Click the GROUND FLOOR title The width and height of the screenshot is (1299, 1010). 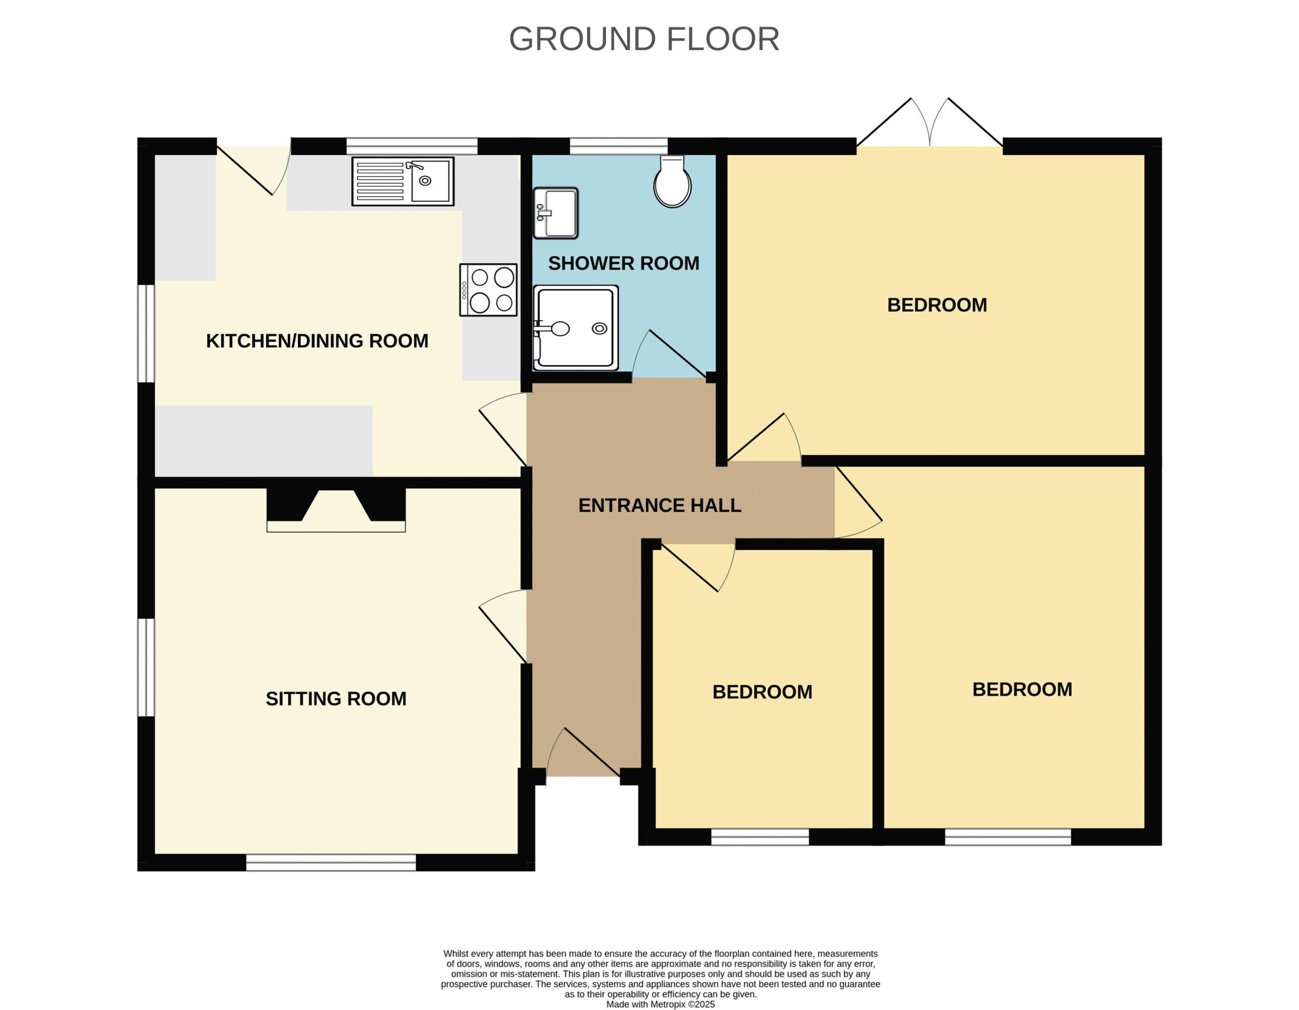(x=643, y=39)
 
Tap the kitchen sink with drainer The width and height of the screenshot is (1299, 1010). (x=403, y=181)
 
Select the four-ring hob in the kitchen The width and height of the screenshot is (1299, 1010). (x=488, y=290)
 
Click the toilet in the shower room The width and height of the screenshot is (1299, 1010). (x=672, y=181)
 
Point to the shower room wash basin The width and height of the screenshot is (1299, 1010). (x=556, y=213)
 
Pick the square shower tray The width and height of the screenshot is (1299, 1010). (x=576, y=327)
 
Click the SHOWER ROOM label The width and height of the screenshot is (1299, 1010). (x=623, y=263)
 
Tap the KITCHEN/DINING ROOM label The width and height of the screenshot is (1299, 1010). (x=317, y=341)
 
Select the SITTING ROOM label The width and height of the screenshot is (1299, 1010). (x=336, y=698)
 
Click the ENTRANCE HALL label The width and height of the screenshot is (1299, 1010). (x=660, y=505)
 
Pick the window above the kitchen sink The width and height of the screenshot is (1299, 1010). (x=412, y=146)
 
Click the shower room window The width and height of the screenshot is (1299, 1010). (x=619, y=146)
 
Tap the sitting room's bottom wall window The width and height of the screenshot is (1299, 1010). (x=331, y=862)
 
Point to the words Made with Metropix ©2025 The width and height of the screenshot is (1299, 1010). (x=660, y=1004)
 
